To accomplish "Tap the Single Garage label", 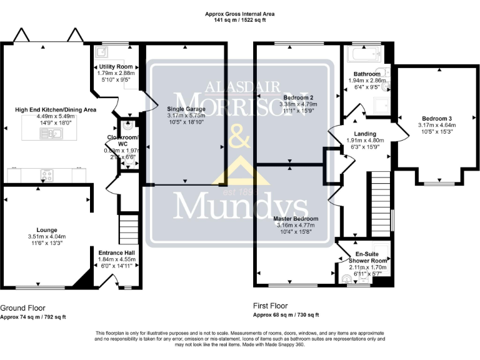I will coord(184,109).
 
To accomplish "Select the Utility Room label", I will coord(116,66).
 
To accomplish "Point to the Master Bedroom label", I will coord(296,219).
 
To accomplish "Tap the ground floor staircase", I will coord(128,230).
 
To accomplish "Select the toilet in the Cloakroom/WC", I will coord(129,124).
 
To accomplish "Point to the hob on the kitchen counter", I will coord(46,175).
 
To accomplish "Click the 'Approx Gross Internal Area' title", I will coord(240,14).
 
